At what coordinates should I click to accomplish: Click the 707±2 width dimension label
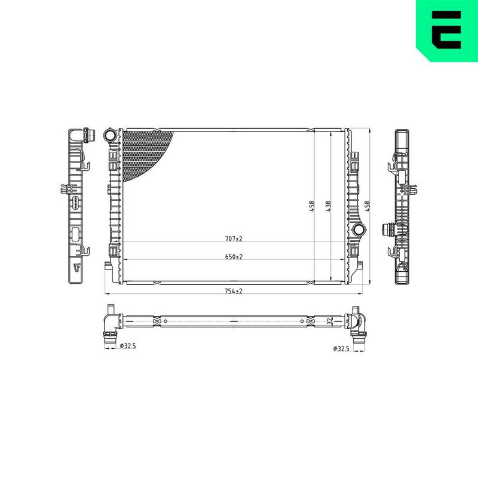pyautogui.click(x=234, y=238)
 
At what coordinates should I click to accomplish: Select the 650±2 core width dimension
pyautogui.click(x=234, y=257)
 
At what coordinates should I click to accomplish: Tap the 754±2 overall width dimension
pyautogui.click(x=234, y=291)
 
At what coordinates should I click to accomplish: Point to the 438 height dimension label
pyautogui.click(x=328, y=207)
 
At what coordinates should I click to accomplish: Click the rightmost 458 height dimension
pyautogui.click(x=367, y=206)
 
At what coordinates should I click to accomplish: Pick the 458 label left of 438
pyautogui.click(x=311, y=207)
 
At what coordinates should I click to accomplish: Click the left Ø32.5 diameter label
pyautogui.click(x=128, y=346)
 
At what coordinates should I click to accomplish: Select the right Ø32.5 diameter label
pyautogui.click(x=341, y=348)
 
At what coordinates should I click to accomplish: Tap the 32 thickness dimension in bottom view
pyautogui.click(x=329, y=321)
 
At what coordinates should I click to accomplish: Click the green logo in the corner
pyautogui.click(x=447, y=30)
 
